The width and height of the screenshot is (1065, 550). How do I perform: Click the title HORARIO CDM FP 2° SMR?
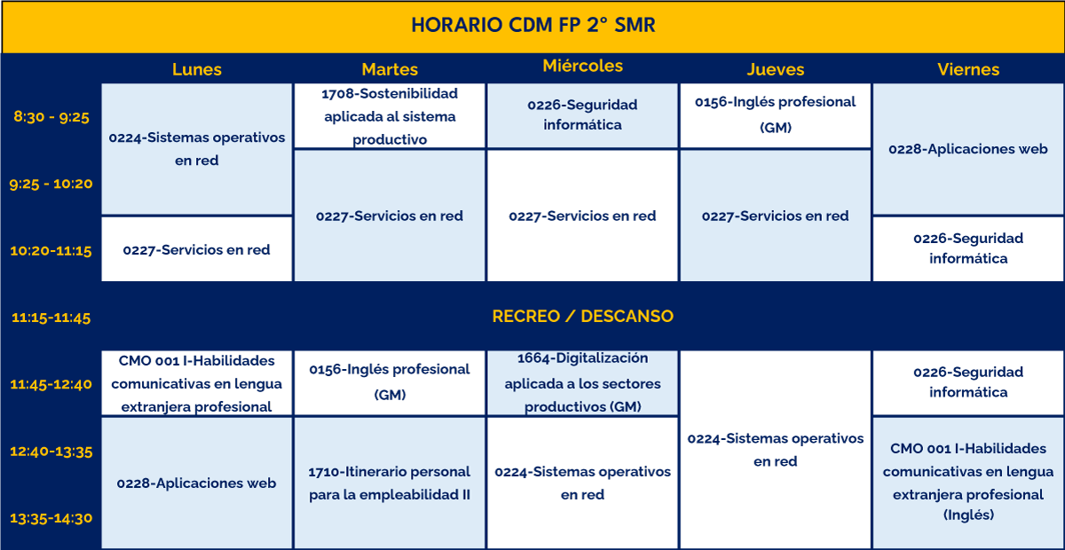533,25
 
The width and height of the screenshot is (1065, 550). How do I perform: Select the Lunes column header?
197,69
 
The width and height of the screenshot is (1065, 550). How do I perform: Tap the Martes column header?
390,69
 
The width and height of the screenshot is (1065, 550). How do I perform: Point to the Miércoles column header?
583,66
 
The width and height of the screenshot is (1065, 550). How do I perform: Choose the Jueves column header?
776,69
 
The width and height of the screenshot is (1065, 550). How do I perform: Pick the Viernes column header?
968,69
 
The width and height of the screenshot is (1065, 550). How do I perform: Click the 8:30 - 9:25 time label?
51,116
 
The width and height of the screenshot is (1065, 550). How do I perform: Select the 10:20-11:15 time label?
51,250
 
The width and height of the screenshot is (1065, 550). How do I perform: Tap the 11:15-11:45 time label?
51,318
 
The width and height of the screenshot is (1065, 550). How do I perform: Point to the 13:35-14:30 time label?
51,518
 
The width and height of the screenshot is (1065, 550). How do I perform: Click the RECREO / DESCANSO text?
583,316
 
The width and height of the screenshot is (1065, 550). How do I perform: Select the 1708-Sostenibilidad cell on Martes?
390,116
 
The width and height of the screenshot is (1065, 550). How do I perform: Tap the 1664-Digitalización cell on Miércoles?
583,382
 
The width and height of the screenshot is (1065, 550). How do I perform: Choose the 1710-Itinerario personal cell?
390,483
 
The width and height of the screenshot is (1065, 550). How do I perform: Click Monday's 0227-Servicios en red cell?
197,249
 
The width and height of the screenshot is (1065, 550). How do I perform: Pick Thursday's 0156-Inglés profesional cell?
776,115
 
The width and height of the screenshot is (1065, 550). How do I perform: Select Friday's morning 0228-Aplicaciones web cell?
968,149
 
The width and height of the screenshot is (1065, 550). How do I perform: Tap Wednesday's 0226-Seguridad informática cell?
583,115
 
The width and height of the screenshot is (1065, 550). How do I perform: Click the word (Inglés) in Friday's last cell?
968,515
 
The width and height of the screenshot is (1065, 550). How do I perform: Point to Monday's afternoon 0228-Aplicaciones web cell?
197,483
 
